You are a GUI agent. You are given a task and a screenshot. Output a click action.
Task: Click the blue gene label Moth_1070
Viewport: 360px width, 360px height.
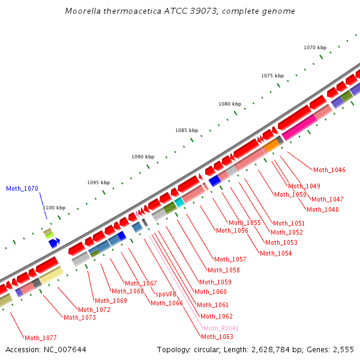click(22, 188)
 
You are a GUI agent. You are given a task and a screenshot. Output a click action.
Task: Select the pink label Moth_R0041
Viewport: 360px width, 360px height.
click(221, 328)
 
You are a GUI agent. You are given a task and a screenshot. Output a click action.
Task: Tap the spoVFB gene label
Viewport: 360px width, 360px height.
click(166, 294)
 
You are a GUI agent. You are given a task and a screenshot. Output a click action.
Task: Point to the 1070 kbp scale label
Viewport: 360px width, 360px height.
click(315, 47)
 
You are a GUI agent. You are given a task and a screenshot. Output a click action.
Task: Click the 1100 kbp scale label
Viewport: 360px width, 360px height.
click(54, 208)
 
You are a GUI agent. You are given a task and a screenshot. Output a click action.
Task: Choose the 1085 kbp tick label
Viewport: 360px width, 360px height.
click(187, 130)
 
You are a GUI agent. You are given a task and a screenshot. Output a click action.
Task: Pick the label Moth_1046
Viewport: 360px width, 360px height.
click(329, 170)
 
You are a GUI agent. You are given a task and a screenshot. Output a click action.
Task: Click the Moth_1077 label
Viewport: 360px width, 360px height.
click(41, 338)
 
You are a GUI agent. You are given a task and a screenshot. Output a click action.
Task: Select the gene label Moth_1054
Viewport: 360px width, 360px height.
click(276, 253)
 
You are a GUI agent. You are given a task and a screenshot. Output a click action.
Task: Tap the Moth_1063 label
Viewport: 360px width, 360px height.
click(217, 337)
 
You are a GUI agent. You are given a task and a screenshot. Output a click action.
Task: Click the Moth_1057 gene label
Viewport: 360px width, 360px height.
click(230, 259)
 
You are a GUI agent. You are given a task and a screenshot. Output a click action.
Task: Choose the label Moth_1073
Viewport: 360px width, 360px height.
click(80, 317)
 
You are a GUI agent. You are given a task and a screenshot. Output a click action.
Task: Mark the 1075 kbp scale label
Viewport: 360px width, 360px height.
click(272, 76)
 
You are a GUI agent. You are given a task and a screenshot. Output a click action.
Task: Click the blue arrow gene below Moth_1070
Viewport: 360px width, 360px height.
click(55, 242)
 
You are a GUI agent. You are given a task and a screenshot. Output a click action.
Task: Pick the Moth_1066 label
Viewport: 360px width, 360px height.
click(167, 303)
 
